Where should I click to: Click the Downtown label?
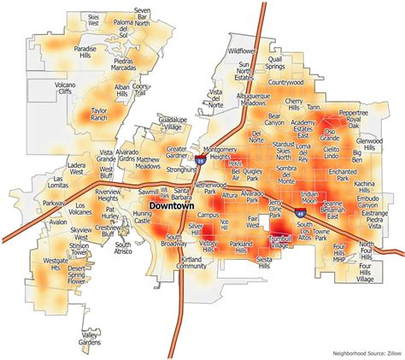click(171, 206)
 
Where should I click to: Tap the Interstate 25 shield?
click(200, 159)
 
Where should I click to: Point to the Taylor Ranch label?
click(99, 114)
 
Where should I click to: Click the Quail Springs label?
click(274, 62)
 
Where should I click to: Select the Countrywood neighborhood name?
click(285, 83)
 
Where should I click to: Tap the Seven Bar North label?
click(142, 15)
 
